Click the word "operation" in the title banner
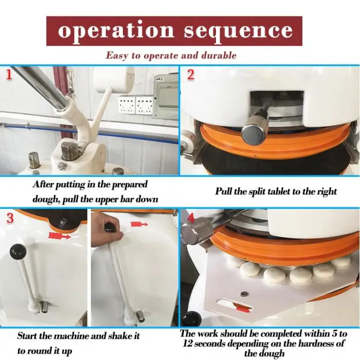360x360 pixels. [x=116, y=31]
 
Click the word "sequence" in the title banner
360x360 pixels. [x=238, y=31]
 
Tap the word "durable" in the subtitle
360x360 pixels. [x=219, y=56]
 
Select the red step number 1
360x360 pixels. [x=9, y=75]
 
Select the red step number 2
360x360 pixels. [x=191, y=75]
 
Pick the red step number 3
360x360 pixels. [x=10, y=218]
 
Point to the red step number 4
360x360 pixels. [x=191, y=219]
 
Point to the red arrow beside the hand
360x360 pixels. [x=139, y=224]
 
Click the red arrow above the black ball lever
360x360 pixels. [x=60, y=236]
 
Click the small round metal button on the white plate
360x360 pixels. [x=244, y=294]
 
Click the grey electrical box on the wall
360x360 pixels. [x=165, y=96]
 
